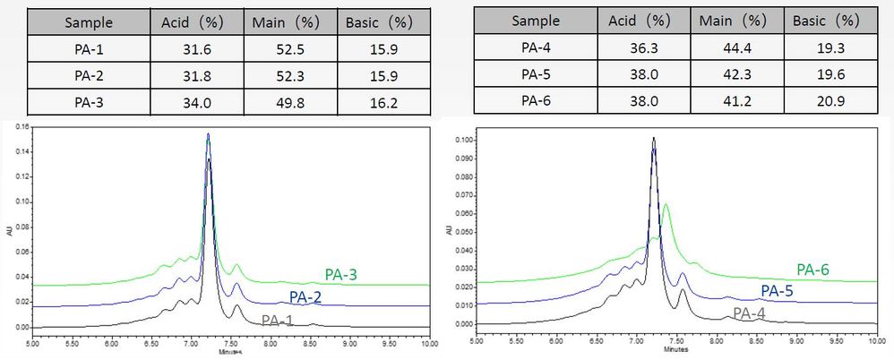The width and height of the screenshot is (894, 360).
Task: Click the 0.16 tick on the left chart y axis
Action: point(21,126)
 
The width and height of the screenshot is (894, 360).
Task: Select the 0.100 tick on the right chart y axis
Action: point(463,141)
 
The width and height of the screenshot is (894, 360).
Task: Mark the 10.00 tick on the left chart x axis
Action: point(429,343)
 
